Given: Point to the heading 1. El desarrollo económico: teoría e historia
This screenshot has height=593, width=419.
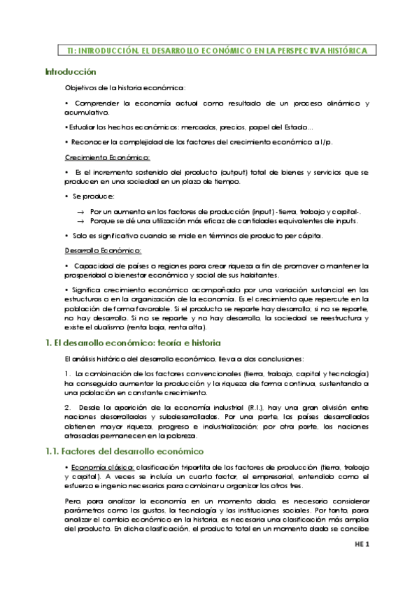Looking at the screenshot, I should [x=133, y=343].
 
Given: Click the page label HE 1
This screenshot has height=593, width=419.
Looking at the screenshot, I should [x=361, y=564].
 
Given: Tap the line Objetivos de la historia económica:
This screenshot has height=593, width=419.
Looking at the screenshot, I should [x=125, y=87].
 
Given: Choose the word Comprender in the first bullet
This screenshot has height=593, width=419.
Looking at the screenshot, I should [x=96, y=103].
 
